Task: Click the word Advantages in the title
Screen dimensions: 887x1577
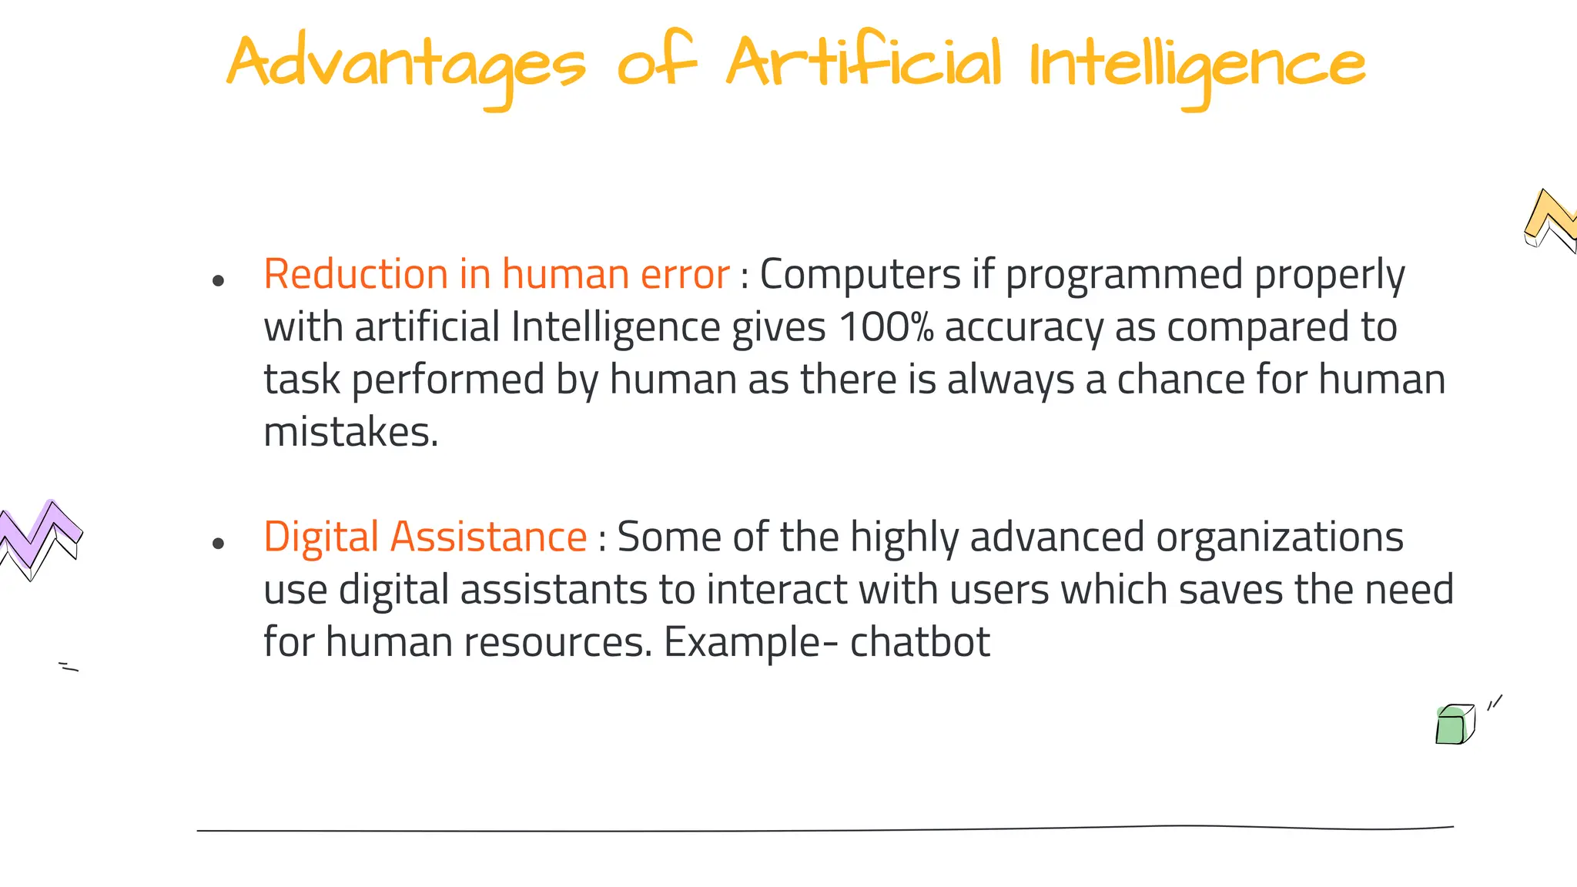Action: (x=406, y=63)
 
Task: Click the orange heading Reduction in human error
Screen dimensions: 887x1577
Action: (x=496, y=274)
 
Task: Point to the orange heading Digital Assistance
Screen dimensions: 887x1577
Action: (x=425, y=537)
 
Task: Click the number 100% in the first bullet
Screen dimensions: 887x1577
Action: (x=886, y=326)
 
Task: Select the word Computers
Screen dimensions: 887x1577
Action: (x=860, y=274)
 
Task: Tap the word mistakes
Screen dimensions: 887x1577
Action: (x=350, y=432)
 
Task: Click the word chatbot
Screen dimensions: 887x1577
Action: (x=919, y=641)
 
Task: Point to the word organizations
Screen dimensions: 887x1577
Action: (x=1280, y=537)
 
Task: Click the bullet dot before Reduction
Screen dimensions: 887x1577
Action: (x=218, y=280)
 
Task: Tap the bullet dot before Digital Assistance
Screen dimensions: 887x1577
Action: (x=218, y=544)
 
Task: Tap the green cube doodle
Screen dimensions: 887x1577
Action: (x=1454, y=725)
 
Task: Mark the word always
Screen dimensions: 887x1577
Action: (x=1010, y=380)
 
